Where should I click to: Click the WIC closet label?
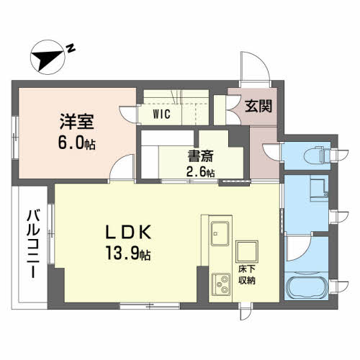click(161, 114)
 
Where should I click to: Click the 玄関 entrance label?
click(257, 106)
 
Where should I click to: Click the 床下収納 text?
click(248, 275)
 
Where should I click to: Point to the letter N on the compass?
click(71, 48)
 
